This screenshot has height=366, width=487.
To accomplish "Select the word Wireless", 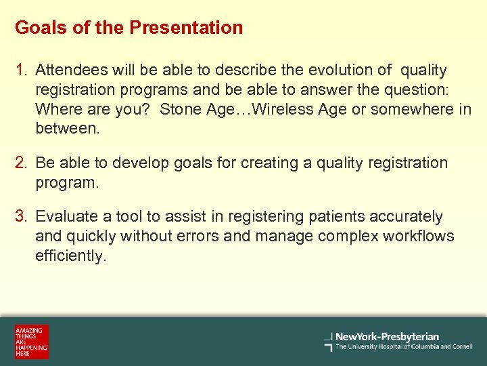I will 269,110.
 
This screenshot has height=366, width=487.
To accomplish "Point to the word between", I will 67,129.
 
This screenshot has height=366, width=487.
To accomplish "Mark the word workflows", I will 419,237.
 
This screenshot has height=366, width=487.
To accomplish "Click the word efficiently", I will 71,256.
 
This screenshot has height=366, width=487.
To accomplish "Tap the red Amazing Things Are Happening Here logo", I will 32,342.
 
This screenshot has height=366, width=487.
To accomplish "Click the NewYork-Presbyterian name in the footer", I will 387,337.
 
